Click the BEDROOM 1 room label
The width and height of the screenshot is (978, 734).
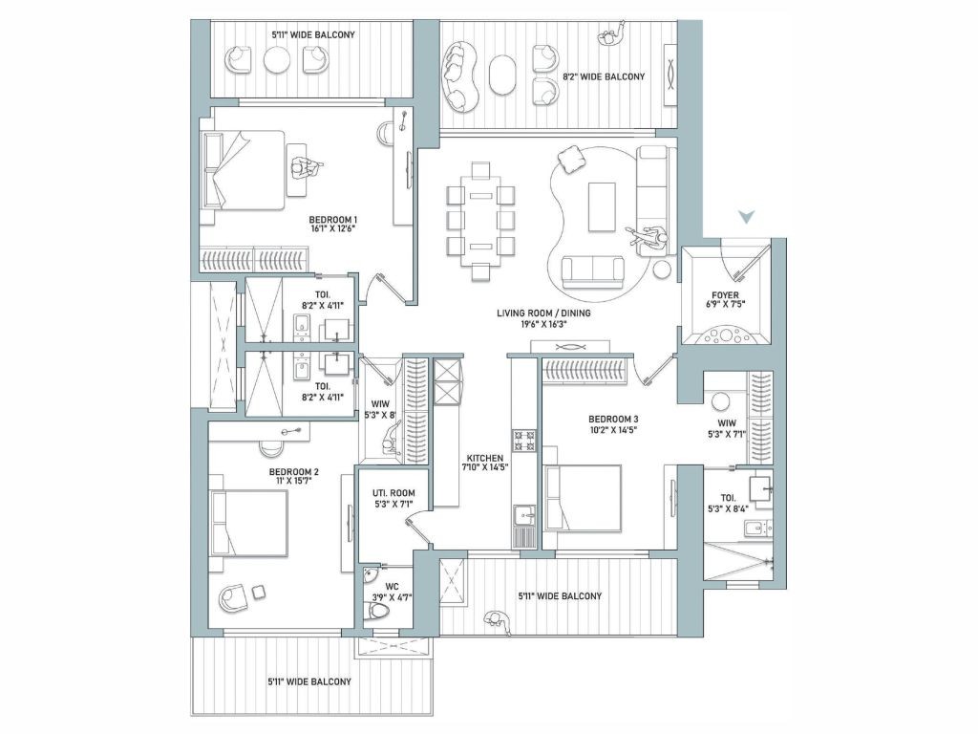pyautogui.click(x=333, y=220)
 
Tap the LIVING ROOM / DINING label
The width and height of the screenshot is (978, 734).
pyautogui.click(x=543, y=313)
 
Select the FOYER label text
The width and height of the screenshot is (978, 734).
pyautogui.click(x=725, y=294)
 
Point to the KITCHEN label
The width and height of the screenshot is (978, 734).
pyautogui.click(x=484, y=458)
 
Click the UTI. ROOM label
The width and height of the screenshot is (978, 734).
pyautogui.click(x=393, y=492)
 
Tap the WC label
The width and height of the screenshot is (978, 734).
pyautogui.click(x=392, y=586)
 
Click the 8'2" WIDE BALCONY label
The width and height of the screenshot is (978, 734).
pyautogui.click(x=604, y=76)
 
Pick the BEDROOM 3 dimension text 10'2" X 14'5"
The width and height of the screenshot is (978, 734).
pyautogui.click(x=613, y=429)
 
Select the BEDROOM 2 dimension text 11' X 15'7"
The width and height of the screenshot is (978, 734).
pyautogui.click(x=294, y=482)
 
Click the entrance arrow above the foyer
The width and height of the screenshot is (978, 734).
pyautogui.click(x=746, y=217)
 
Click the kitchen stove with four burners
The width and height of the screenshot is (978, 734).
pyautogui.click(x=523, y=440)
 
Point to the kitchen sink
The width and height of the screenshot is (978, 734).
pyautogui.click(x=524, y=516)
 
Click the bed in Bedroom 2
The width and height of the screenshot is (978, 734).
pyautogui.click(x=249, y=523)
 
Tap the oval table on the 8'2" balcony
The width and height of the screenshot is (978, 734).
pyautogui.click(x=502, y=76)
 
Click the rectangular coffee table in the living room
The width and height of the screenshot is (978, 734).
pyautogui.click(x=602, y=207)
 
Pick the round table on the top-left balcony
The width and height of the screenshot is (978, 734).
pyautogui.click(x=277, y=60)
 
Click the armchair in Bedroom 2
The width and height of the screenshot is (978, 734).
pyautogui.click(x=233, y=598)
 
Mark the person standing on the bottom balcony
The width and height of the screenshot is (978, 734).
pyautogui.click(x=497, y=619)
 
